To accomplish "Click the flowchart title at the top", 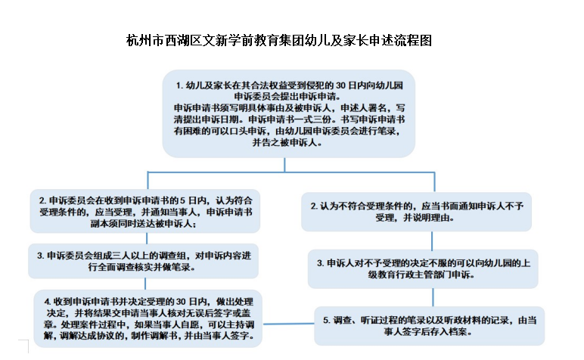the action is (x=279, y=40).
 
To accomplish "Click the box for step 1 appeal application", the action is (x=289, y=113).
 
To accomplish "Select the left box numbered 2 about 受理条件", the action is (x=145, y=211).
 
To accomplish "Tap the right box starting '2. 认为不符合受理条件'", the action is (x=416, y=212).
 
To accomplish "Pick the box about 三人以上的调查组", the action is (x=144, y=261).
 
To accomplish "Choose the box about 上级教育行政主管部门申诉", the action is (x=423, y=268).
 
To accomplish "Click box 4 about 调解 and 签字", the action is (x=148, y=318).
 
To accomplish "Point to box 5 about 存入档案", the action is (x=430, y=326).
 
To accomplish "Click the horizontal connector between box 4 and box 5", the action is (x=289, y=324).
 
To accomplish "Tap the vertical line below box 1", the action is (x=285, y=165).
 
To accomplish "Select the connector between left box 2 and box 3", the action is (x=147, y=238).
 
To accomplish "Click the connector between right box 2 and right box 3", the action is (x=432, y=241).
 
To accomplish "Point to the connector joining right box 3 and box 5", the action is (x=433, y=297).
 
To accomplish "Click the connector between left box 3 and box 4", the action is (x=145, y=284).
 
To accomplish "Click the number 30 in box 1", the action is (x=341, y=85).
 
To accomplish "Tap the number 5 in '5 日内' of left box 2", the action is (x=182, y=200).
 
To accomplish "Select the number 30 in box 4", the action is (x=181, y=301).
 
